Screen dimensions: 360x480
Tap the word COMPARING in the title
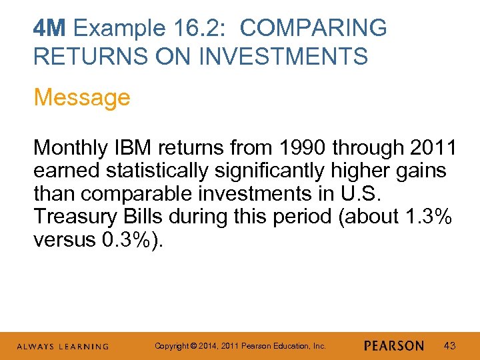(x=313, y=28)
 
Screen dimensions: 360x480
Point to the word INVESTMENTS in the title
(x=285, y=56)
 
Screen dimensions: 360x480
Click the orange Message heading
(x=82, y=97)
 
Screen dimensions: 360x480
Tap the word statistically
(x=160, y=170)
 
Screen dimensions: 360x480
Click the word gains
(x=420, y=170)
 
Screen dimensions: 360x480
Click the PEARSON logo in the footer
(x=394, y=346)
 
